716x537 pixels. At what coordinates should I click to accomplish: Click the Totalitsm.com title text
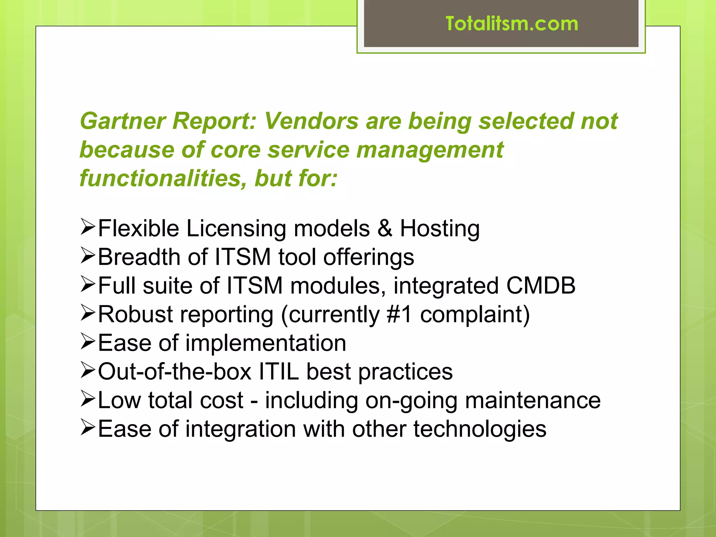pos(512,24)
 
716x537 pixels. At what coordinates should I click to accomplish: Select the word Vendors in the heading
pos(311,121)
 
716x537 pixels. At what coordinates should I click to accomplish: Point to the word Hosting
pos(439,229)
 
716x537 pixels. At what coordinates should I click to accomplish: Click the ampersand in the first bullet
pos(385,229)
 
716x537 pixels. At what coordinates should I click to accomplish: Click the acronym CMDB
pos(540,286)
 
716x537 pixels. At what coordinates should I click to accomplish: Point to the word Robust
pos(135,314)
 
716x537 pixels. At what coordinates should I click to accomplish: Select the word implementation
pos(266,343)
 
